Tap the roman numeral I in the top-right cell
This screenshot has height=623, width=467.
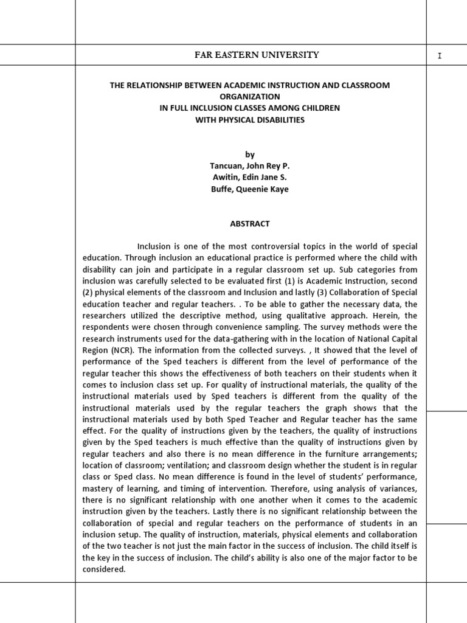point(439,56)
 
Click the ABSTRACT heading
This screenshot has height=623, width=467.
point(249,223)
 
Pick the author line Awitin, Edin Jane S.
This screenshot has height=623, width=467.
point(249,177)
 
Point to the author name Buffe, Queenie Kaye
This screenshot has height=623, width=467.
point(249,189)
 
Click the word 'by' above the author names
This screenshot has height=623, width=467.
point(249,155)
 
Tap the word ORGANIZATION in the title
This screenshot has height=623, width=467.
point(249,97)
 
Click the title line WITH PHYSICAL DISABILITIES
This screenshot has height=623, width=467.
point(249,120)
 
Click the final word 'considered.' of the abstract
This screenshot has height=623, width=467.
point(104,570)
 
